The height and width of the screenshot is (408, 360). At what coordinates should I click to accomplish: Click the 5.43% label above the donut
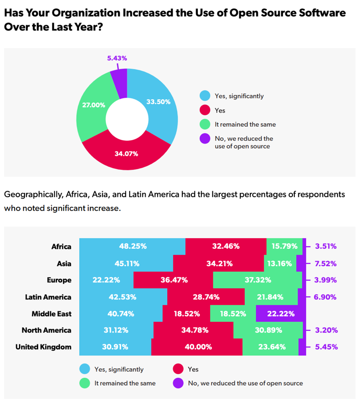117,59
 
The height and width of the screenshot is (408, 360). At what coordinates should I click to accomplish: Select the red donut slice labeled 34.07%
126,153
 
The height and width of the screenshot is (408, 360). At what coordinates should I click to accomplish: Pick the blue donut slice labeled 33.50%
159,102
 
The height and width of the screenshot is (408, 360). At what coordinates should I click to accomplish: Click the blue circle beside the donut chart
204,96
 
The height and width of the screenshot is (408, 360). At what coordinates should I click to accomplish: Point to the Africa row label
62,246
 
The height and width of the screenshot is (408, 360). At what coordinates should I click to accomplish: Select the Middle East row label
52,314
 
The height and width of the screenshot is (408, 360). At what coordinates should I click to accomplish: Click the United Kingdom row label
44,347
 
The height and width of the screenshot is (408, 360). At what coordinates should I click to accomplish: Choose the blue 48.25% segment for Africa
132,246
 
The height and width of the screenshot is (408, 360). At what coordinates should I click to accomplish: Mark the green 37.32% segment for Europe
257,280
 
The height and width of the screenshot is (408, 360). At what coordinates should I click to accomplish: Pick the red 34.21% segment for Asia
219,263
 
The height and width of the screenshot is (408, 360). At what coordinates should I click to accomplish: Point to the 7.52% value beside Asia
325,263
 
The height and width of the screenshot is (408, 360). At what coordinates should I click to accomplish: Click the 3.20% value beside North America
325,330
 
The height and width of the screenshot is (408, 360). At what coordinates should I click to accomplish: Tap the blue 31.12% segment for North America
116,330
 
